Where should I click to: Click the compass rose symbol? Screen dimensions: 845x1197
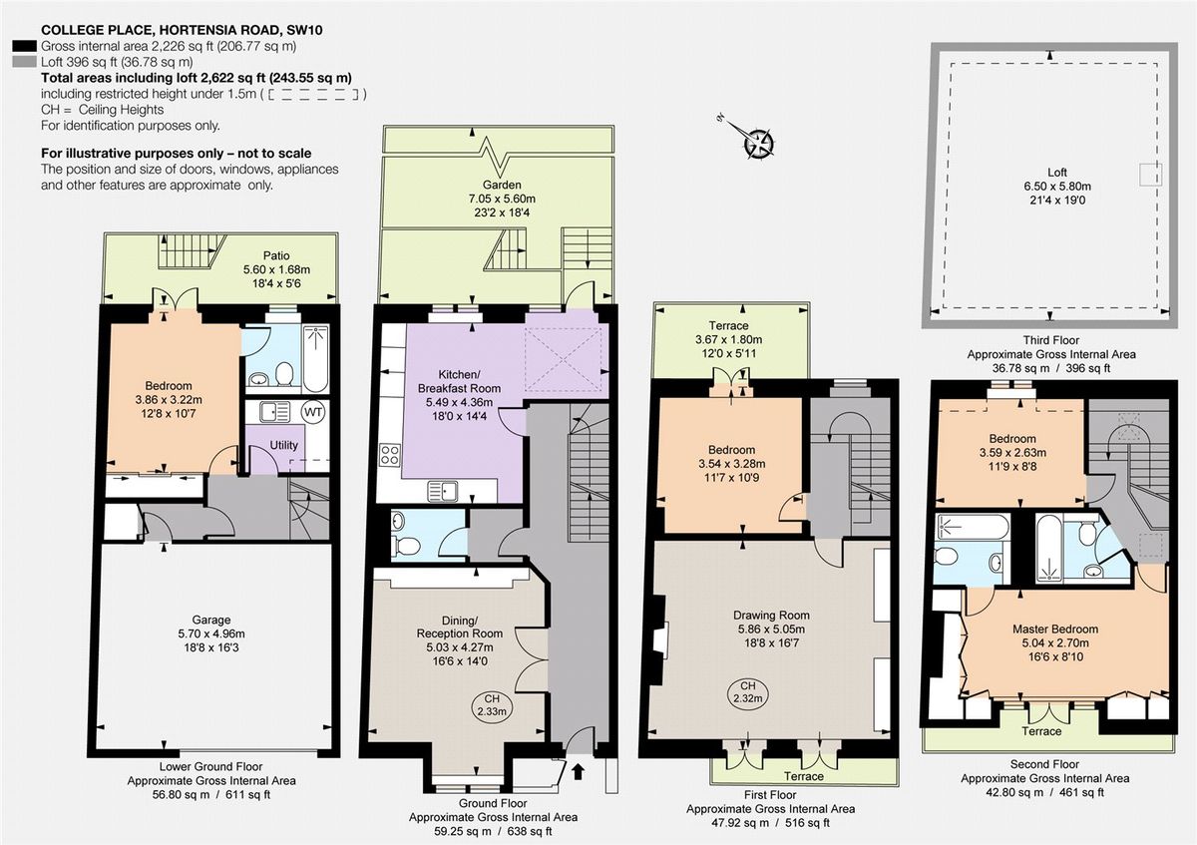coord(760,143)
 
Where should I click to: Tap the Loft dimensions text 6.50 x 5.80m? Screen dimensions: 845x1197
coord(1055,187)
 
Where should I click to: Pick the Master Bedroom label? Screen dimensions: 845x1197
coord(1054,629)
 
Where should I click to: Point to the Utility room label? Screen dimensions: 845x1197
coord(283,445)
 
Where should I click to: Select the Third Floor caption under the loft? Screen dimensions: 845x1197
coord(1050,340)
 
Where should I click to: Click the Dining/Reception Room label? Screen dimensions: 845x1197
coord(458,626)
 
